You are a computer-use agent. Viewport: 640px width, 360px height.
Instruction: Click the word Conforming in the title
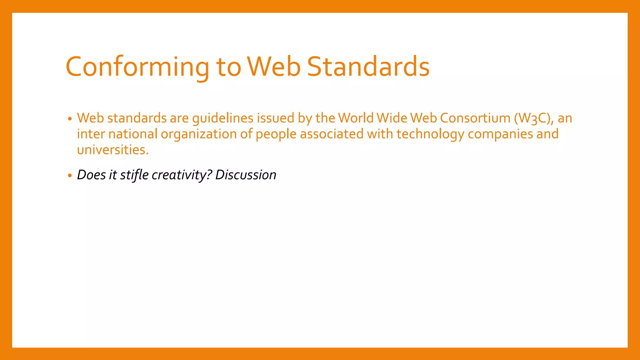point(137,67)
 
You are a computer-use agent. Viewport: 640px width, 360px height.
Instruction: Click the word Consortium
point(475,118)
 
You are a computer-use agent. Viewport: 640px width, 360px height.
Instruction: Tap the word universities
point(113,150)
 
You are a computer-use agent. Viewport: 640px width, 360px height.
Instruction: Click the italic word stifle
point(134,175)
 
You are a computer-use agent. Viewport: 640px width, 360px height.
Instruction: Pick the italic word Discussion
point(246,175)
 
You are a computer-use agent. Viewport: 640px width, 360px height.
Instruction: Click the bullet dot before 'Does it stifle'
point(70,176)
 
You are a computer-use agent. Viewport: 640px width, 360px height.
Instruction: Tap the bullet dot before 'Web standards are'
point(70,119)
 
